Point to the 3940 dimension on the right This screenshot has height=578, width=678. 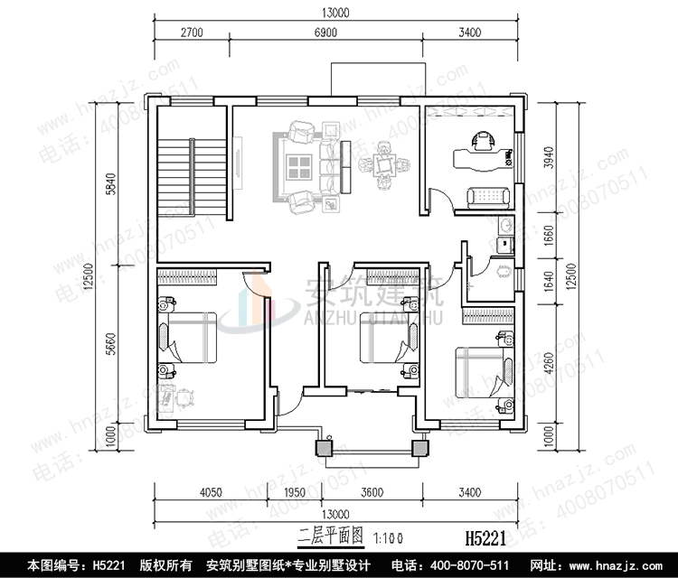[x=542, y=157]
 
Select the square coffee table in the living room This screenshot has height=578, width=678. [x=298, y=166]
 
